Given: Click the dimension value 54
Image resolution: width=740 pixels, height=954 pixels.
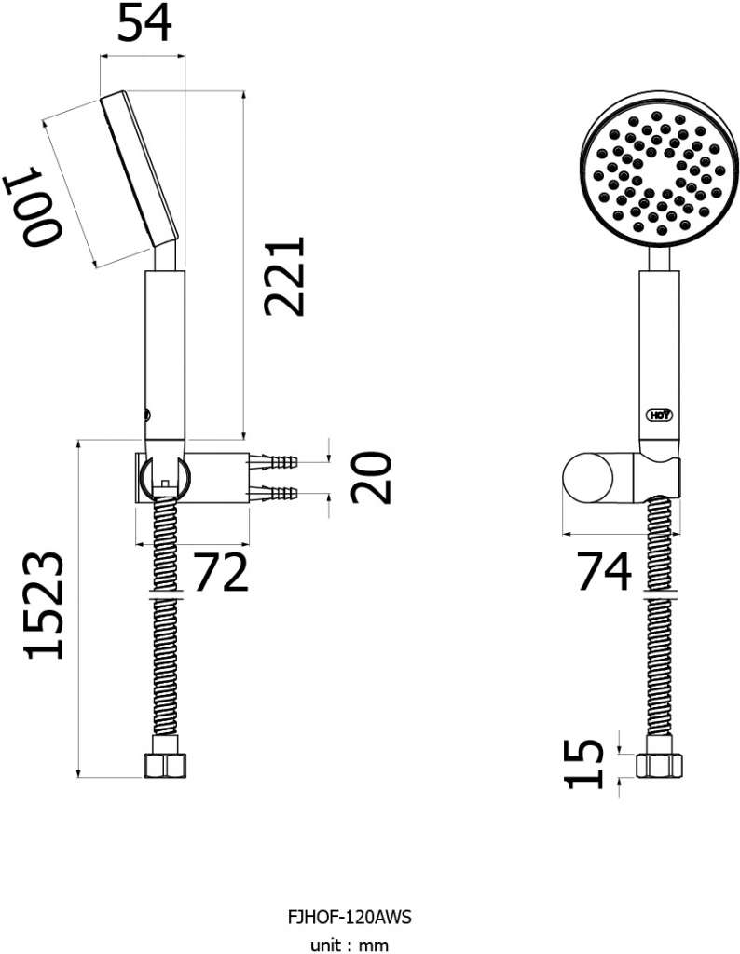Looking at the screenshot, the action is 144,23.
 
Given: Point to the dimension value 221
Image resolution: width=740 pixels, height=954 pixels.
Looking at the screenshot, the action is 283,277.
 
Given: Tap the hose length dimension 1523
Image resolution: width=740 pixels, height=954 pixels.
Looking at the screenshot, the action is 44,606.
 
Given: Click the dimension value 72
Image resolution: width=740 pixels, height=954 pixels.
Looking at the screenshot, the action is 221,572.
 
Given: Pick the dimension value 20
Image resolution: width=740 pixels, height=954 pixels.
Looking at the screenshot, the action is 371,478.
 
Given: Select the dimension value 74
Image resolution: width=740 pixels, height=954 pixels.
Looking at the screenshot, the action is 604,571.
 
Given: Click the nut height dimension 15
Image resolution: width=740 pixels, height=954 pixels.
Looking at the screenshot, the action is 584,764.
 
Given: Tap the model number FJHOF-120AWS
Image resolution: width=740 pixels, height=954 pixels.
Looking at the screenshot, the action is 349,917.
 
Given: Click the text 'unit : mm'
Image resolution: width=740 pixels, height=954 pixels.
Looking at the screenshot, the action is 349,945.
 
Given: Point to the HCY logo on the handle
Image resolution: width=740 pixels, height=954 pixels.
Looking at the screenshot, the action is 659,416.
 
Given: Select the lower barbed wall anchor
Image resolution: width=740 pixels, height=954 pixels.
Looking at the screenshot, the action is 272,493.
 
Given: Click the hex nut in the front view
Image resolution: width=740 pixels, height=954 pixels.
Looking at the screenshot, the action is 660,766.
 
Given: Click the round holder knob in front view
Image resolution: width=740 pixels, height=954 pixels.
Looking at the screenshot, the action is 585,478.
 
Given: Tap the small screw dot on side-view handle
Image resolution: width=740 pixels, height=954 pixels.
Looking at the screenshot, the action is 146,415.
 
